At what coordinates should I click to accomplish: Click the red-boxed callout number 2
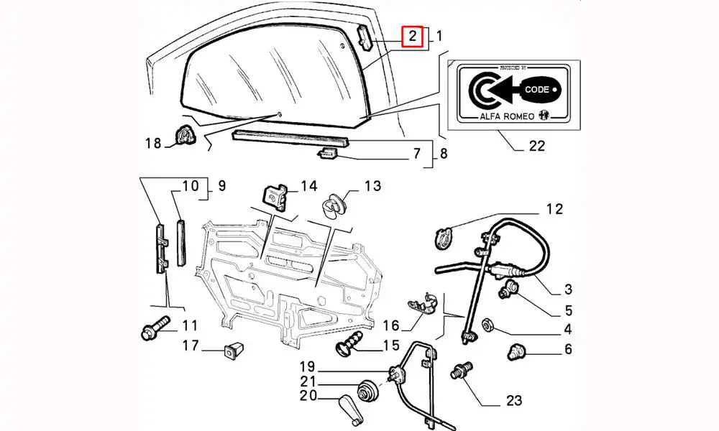point(412,35)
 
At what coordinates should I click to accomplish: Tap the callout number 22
point(536,146)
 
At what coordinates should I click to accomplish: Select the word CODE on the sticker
point(536,90)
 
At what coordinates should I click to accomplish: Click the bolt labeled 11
point(154,327)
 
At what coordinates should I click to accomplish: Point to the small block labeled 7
point(329,152)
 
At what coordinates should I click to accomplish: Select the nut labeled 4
point(486,326)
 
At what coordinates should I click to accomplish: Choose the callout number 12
point(554,210)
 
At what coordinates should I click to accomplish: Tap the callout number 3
point(567,289)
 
